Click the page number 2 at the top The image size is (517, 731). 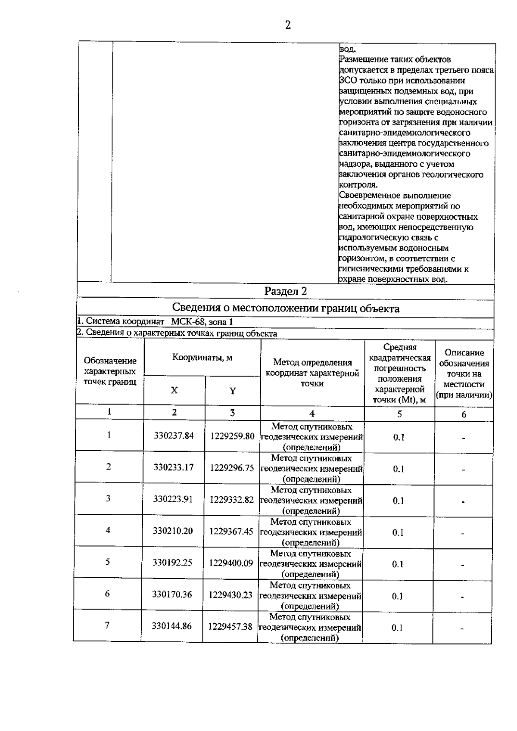[288, 25]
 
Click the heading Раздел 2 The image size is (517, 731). [285, 292]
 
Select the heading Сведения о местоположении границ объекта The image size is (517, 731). [285, 308]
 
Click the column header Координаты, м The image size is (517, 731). [202, 358]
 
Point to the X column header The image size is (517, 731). [174, 390]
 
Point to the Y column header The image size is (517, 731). [232, 391]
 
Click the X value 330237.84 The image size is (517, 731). [174, 435]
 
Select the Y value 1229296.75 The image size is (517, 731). [232, 468]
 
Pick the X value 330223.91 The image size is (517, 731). [173, 499]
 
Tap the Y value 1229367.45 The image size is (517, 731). [231, 531]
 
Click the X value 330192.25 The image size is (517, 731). [172, 563]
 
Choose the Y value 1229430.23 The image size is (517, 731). [230, 595]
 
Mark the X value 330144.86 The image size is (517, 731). [171, 626]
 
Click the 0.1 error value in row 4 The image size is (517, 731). [398, 532]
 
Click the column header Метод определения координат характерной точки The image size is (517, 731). [312, 373]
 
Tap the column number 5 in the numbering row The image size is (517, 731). [399, 414]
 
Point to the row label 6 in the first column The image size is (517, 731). [107, 594]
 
